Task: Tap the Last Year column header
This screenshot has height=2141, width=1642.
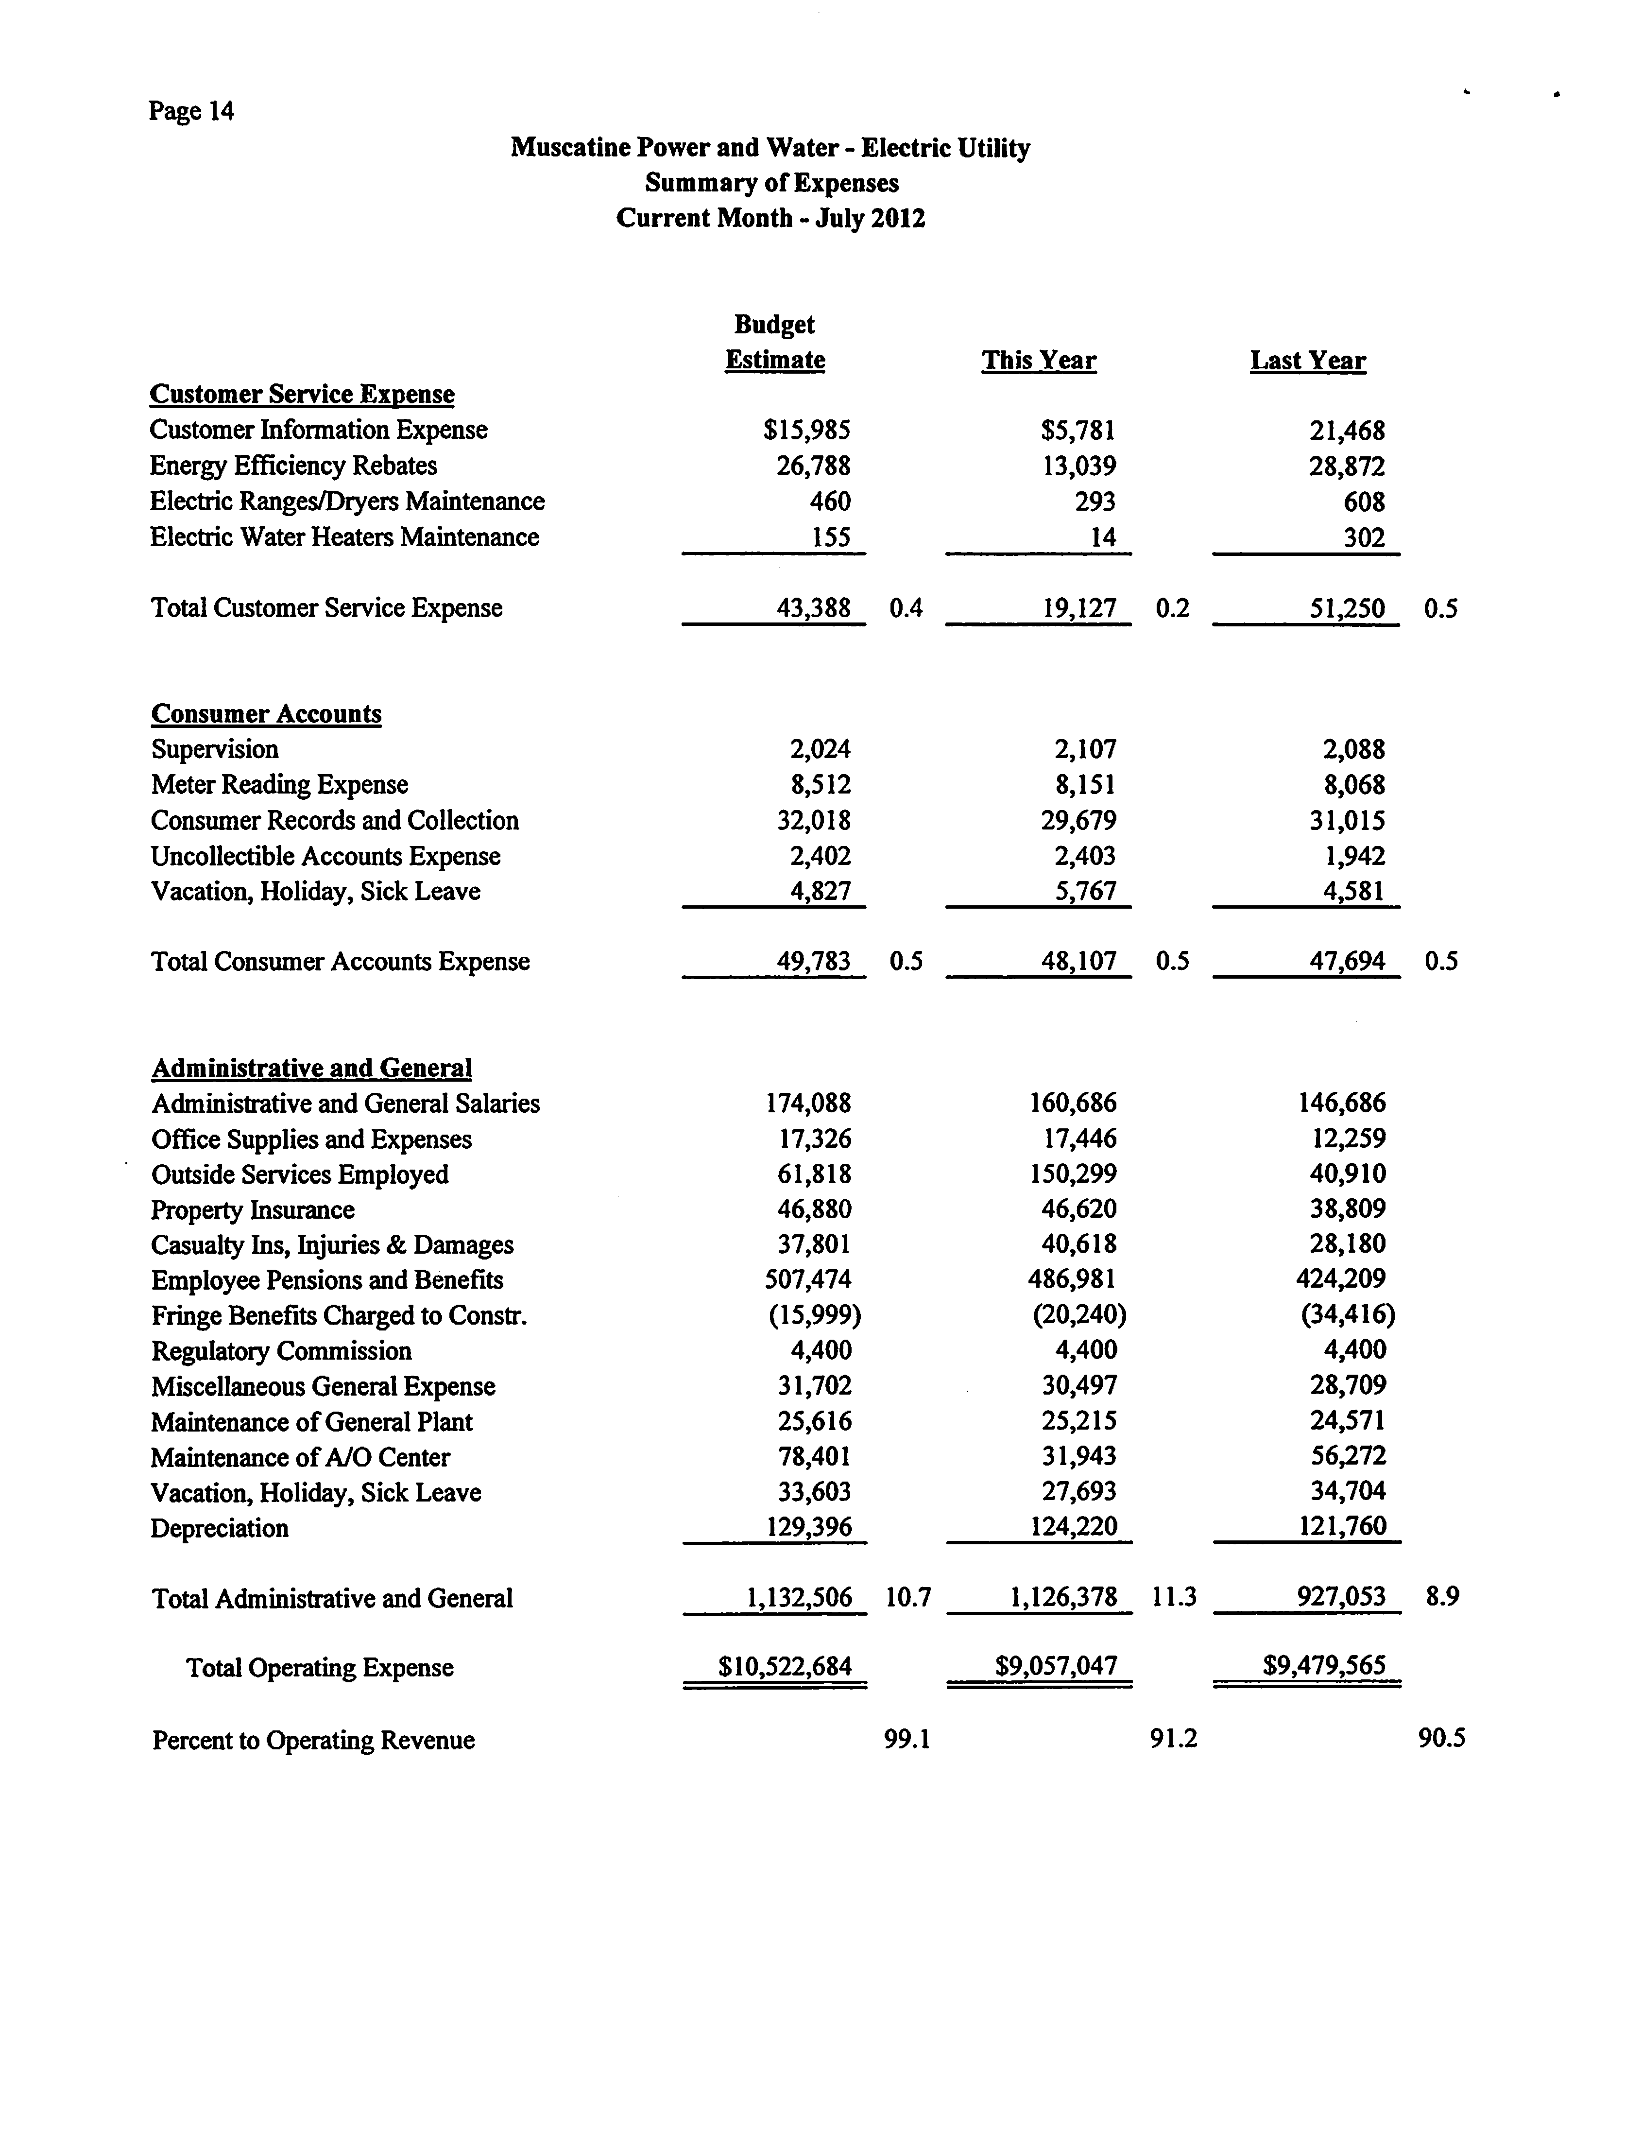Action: [1308, 361]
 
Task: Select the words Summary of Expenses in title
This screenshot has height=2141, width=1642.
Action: [771, 183]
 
